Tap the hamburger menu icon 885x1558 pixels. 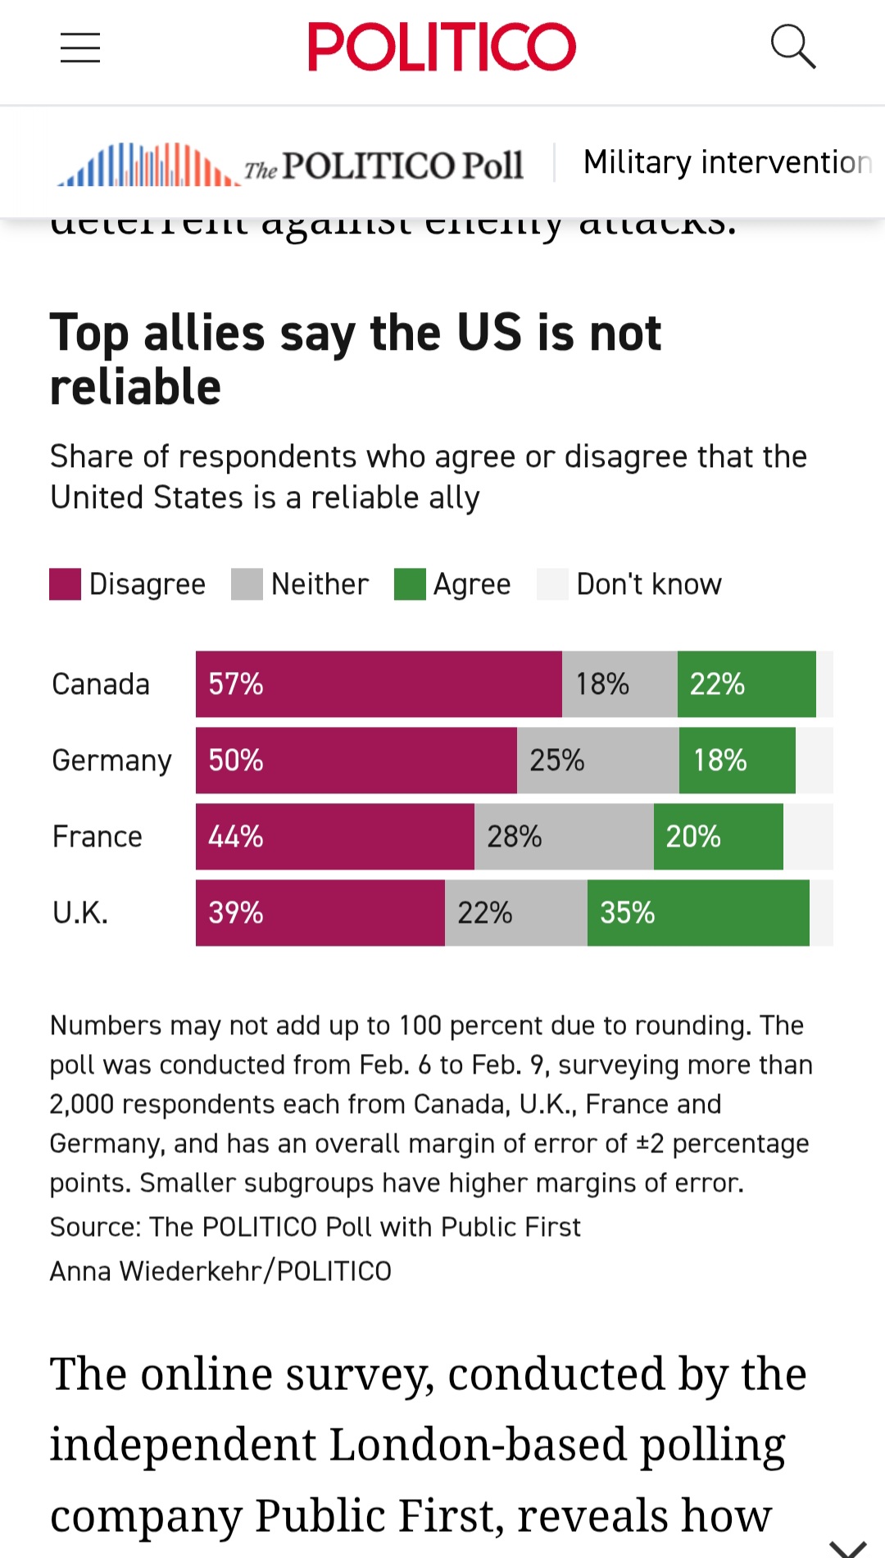[x=80, y=48]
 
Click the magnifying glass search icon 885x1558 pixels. [x=792, y=46]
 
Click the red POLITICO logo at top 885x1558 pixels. [x=442, y=47]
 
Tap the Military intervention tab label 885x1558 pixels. [x=727, y=162]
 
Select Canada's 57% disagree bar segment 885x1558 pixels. [x=379, y=684]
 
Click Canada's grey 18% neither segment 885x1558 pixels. [x=619, y=684]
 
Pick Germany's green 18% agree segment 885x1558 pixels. [x=737, y=761]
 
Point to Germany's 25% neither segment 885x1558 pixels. [x=597, y=761]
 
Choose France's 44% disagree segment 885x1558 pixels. [x=334, y=837]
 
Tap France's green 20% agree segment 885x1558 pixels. [x=718, y=837]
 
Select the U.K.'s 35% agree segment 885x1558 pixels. [x=698, y=913]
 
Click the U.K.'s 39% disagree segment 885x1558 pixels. [x=320, y=913]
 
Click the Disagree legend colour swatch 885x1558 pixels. [x=65, y=584]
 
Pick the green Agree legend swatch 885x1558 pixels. [x=410, y=584]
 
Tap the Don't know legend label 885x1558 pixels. [x=649, y=584]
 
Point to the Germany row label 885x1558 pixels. [x=111, y=761]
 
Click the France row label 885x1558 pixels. [x=97, y=837]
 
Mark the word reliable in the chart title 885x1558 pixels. [x=136, y=387]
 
